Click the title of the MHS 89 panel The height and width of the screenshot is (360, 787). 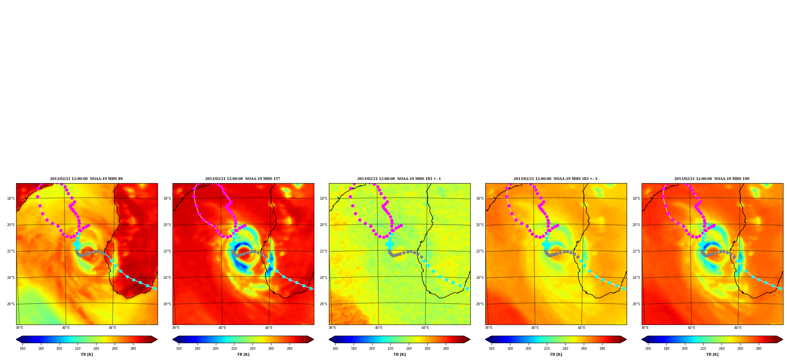86,179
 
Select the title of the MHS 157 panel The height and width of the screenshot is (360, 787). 243,179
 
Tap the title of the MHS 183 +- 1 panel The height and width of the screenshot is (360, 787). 399,179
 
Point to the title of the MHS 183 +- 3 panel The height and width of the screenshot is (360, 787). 555,179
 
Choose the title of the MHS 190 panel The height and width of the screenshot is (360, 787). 712,179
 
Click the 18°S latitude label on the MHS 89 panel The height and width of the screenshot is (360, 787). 11,199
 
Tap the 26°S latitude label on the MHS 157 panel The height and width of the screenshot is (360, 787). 167,304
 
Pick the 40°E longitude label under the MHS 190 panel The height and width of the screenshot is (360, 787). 691,328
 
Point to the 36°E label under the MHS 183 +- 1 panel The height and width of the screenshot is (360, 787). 332,328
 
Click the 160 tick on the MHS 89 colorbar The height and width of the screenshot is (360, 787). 22,348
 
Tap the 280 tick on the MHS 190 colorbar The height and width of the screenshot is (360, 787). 759,348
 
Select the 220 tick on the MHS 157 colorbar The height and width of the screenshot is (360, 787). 234,348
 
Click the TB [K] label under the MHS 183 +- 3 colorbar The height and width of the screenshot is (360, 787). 556,354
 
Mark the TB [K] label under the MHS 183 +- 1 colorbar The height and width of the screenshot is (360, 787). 399,354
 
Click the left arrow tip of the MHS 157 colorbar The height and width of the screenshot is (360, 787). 173,340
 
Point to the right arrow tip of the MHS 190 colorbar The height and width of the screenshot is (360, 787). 783,340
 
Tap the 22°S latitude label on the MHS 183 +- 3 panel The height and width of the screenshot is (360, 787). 480,251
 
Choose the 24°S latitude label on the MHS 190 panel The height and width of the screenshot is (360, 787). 636,278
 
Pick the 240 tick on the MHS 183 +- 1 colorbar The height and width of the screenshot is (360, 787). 409,348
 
